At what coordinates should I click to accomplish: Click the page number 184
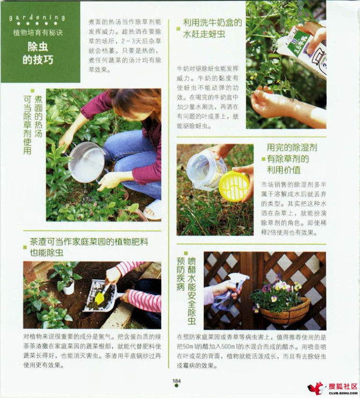[176, 381]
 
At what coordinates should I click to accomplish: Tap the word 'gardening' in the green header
[37, 18]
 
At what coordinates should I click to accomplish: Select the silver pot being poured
[87, 161]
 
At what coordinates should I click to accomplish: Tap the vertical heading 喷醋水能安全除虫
[192, 290]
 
